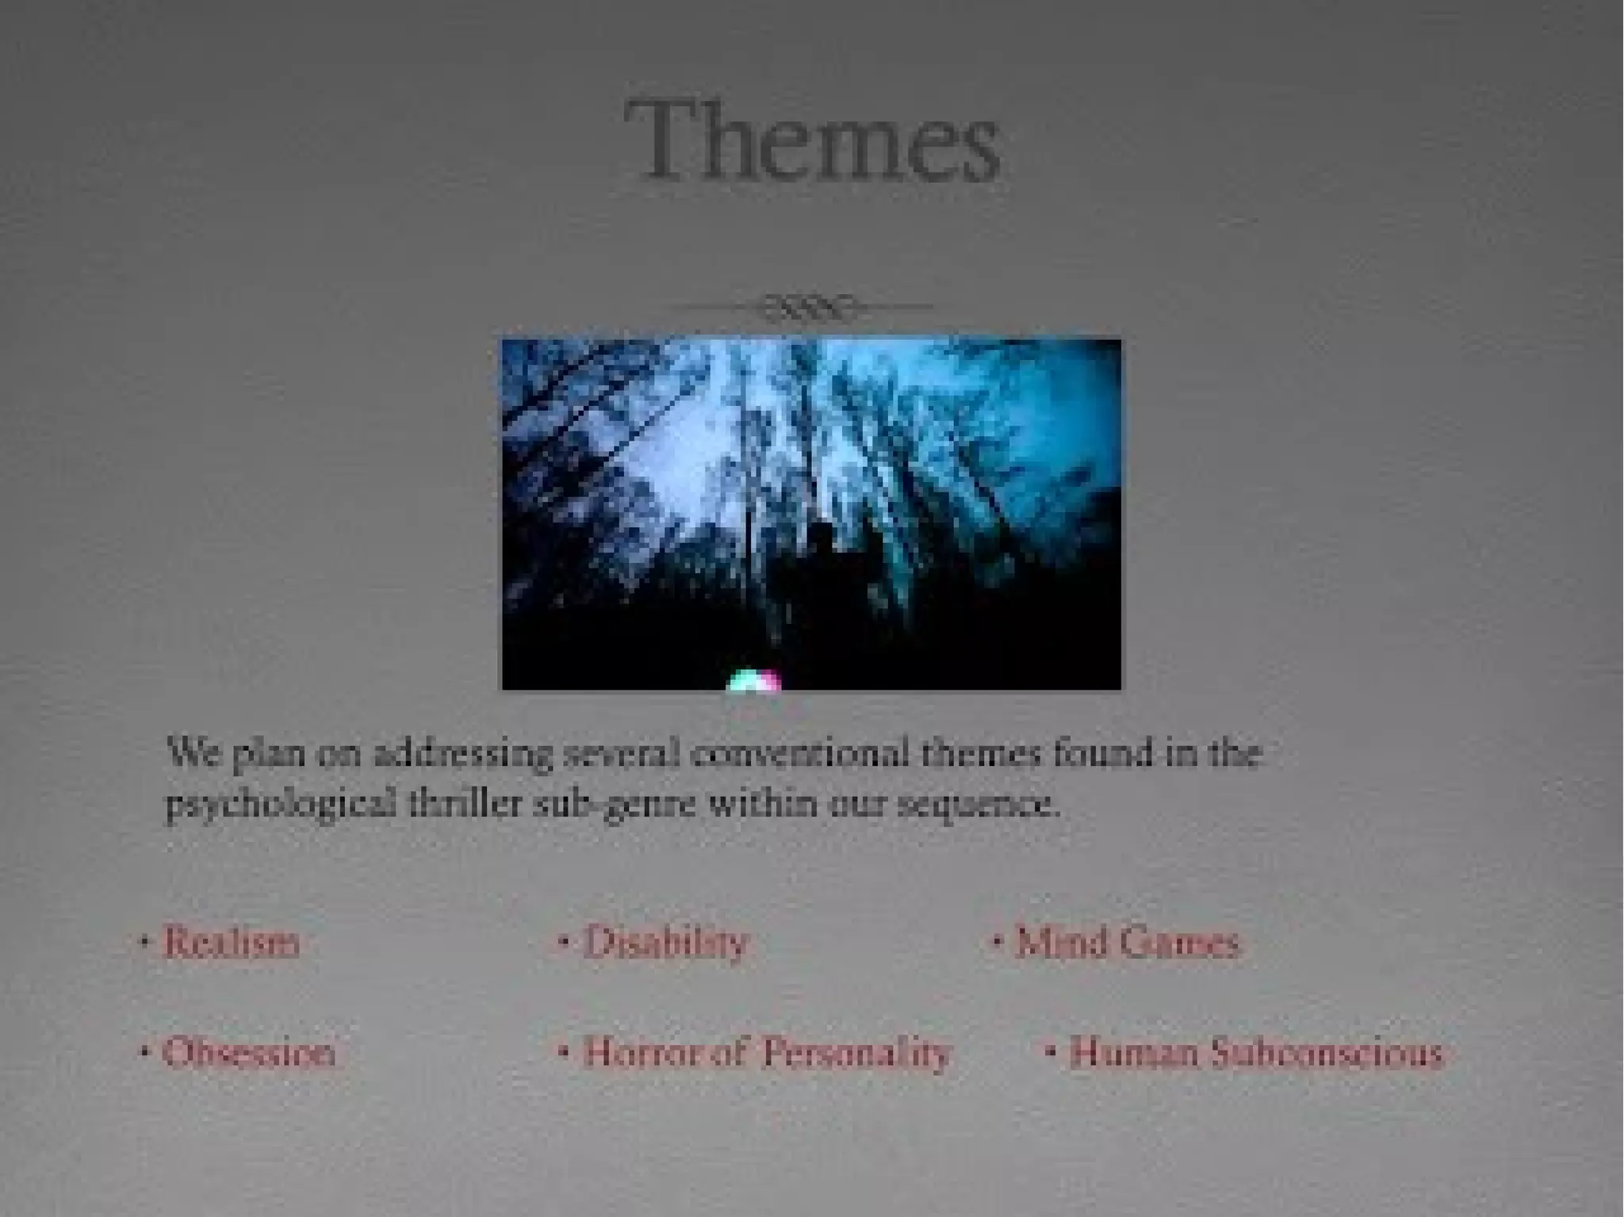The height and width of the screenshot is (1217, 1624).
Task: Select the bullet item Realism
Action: [231, 943]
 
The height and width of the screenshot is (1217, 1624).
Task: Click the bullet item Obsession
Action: [248, 1054]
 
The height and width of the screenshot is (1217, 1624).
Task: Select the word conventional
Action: [800, 753]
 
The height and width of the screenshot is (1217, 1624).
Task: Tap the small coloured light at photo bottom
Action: [753, 681]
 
